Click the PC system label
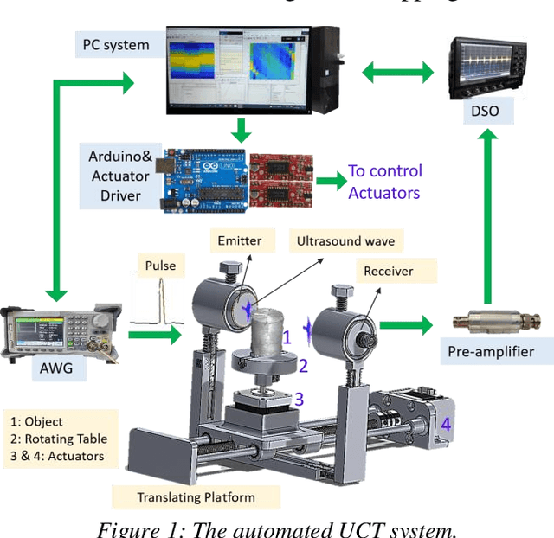tap(115, 45)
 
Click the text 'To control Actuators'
tap(384, 182)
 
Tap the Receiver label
tap(387, 271)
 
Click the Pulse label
tap(158, 266)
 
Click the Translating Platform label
tap(196, 496)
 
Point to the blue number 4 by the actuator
tap(446, 425)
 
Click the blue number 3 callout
tap(299, 399)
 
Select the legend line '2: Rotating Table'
tap(57, 439)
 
